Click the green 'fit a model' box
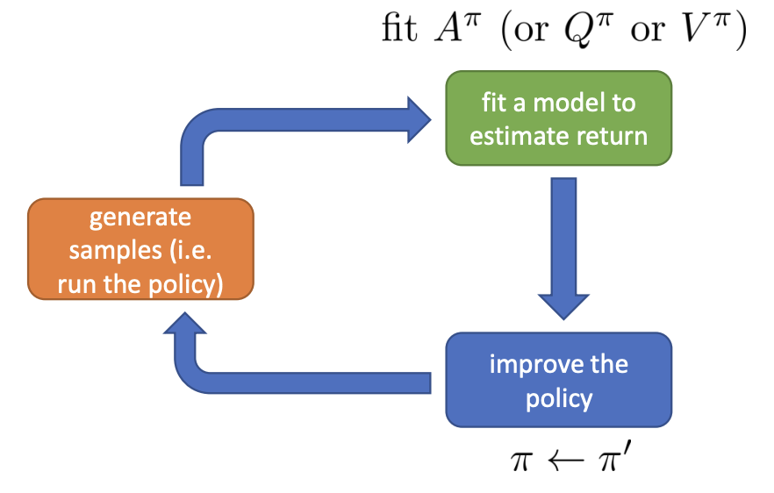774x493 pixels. [558, 118]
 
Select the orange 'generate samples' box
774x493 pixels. [140, 250]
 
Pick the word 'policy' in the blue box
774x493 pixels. [559, 398]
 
